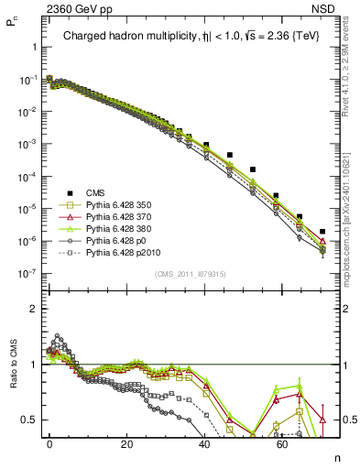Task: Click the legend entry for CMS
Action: pos(94,191)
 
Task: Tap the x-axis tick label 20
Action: pos(126,442)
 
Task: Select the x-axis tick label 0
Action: pos(49,442)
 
